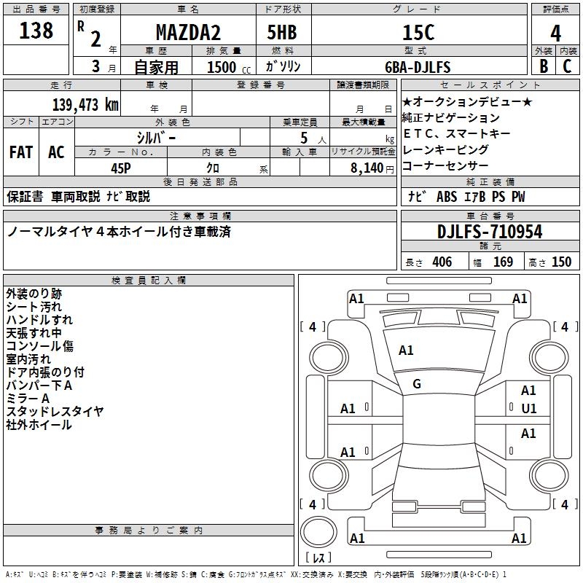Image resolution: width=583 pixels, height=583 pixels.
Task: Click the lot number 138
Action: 36,31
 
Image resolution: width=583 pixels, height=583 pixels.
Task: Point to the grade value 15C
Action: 418,33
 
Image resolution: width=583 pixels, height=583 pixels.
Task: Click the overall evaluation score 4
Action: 555,33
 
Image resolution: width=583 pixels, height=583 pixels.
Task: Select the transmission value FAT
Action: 20,152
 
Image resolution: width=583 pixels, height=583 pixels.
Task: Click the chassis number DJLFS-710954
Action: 490,232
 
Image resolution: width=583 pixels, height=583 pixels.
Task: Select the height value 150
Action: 561,262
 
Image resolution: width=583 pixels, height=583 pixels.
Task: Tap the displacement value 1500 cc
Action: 227,67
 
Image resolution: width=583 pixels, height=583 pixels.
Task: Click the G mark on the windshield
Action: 417,384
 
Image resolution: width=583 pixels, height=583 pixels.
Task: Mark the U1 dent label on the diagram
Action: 529,408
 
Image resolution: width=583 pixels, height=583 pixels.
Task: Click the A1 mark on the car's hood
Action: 406,351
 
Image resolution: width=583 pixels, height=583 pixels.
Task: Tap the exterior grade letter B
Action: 544,66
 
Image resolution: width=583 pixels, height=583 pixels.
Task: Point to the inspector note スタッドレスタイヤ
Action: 55,412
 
